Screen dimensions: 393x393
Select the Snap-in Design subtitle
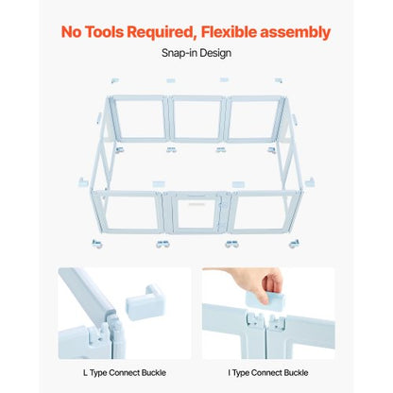(196, 53)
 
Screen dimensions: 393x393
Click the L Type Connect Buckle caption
(125, 373)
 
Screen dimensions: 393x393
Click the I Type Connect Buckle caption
(268, 373)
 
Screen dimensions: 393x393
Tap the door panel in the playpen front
(196, 213)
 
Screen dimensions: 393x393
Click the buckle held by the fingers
(265, 300)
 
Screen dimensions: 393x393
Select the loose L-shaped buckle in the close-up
(145, 302)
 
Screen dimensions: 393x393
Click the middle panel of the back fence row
(197, 118)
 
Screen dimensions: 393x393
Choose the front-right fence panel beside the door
(266, 213)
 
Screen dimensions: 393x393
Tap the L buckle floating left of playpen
(83, 181)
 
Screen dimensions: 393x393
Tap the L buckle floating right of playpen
(310, 181)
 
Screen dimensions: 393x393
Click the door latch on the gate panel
(223, 205)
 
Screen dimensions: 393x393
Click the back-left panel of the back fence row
(139, 118)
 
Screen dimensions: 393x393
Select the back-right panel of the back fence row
(254, 118)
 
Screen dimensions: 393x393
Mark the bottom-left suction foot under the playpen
(96, 244)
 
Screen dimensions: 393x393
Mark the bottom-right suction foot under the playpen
(294, 244)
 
